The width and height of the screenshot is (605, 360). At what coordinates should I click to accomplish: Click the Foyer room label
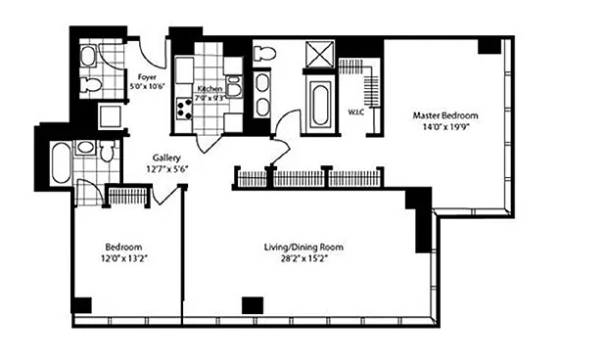[x=147, y=77]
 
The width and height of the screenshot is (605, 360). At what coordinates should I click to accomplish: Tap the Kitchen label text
[x=209, y=89]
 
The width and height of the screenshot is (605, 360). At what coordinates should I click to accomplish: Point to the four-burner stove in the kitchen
[x=184, y=109]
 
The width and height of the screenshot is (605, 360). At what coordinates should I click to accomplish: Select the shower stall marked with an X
[x=319, y=55]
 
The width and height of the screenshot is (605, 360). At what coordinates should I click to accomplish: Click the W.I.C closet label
[x=356, y=112]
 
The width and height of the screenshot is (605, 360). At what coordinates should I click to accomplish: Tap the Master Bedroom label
[x=445, y=115]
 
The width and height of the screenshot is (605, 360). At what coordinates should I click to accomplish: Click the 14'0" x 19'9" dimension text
[x=445, y=126]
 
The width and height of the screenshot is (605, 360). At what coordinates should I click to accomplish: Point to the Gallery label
[x=166, y=157]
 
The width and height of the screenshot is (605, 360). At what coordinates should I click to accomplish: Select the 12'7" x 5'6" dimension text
[x=166, y=168]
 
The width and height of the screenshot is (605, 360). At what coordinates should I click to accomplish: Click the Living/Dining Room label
[x=303, y=247]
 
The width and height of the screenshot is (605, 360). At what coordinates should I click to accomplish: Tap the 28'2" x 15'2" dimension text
[x=304, y=258]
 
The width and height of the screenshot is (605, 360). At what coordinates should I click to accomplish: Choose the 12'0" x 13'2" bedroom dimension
[x=124, y=258]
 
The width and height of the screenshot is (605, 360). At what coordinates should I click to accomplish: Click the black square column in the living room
[x=253, y=305]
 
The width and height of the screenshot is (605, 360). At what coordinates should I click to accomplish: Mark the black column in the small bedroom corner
[x=82, y=305]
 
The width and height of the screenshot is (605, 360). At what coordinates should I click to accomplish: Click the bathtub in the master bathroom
[x=321, y=104]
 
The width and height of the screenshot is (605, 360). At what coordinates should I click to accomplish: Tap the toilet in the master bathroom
[x=264, y=53]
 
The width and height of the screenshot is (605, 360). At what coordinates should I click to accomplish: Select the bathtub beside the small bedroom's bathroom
[x=61, y=162]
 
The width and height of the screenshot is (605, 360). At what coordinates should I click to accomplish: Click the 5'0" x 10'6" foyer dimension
[x=148, y=87]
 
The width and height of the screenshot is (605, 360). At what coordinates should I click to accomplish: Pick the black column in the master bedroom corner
[x=489, y=46]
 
